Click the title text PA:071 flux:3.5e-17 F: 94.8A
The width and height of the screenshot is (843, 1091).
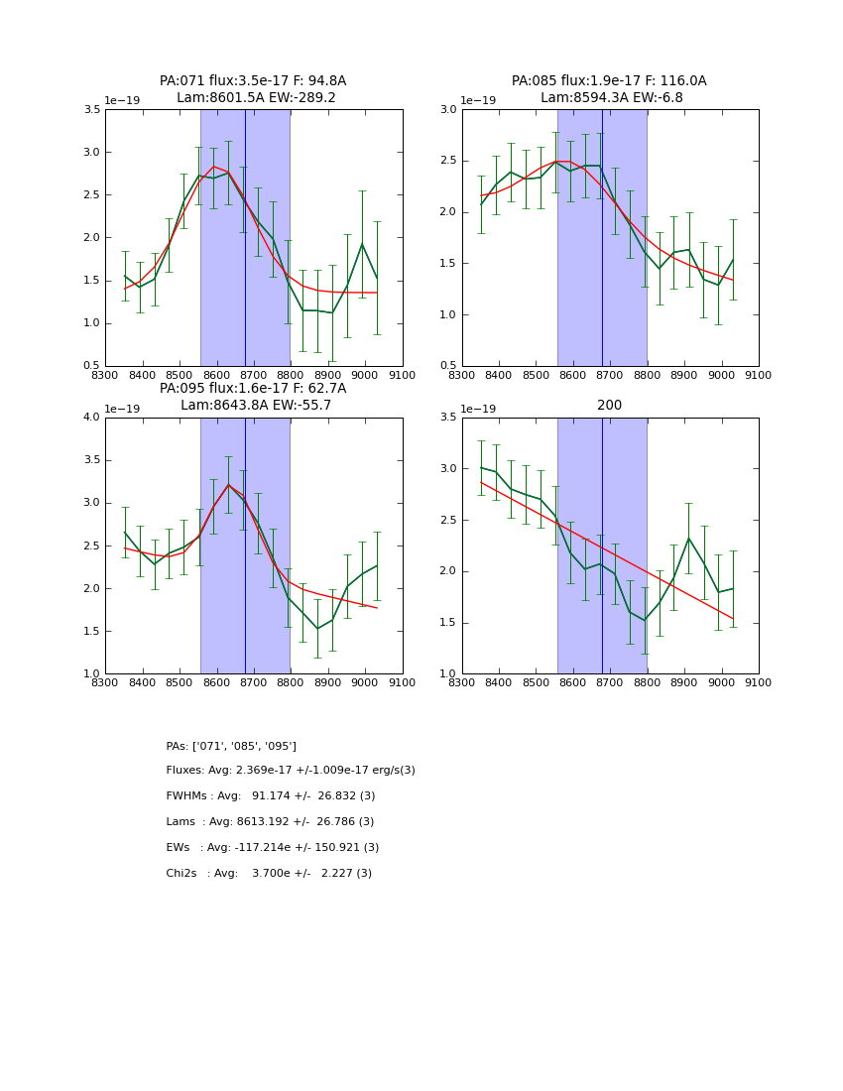coord(253,81)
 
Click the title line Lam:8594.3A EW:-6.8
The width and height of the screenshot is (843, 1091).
coord(610,98)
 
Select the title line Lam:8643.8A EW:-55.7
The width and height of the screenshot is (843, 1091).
coord(256,406)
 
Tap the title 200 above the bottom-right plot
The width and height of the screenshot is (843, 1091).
coord(609,406)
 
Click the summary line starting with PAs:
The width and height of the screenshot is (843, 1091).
coord(231,746)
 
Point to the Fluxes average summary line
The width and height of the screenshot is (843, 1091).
coord(291,771)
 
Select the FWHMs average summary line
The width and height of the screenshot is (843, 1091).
coord(271,796)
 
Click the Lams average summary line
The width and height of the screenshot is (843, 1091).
coord(270,822)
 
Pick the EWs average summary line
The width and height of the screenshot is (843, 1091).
coord(273,848)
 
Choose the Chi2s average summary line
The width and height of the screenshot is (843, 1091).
coord(269,874)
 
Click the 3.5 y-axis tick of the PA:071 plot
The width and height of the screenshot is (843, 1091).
coord(90,110)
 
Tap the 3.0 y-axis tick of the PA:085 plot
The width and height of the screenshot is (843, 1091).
coord(447,110)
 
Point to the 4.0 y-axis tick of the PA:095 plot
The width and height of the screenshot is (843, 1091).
coord(90,418)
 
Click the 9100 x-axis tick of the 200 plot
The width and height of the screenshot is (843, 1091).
coord(759,682)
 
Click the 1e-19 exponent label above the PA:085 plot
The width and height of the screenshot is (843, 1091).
coord(479,101)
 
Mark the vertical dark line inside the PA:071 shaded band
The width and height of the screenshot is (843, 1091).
coord(245,238)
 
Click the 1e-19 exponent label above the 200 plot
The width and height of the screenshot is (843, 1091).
coord(479,409)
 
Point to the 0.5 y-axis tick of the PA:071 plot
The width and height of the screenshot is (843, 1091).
coord(90,366)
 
